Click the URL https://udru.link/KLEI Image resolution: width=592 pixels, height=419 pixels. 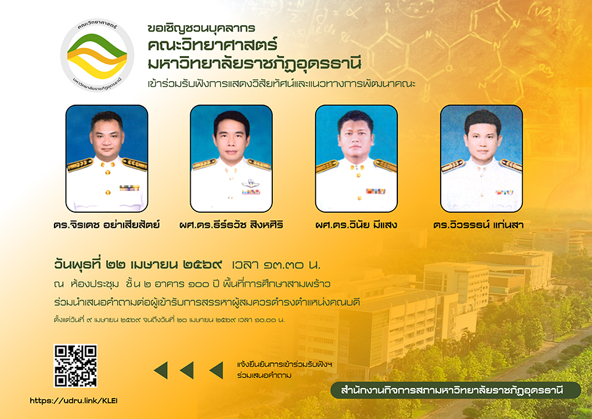[77, 400]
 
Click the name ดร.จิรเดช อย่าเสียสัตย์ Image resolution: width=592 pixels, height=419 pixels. [107, 225]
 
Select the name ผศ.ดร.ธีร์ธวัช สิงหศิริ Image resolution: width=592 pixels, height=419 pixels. [231, 225]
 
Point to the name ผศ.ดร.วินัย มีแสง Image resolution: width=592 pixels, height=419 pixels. [356, 225]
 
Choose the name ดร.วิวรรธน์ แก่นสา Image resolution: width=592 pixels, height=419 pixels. [483, 225]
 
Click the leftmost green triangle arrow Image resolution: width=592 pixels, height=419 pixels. [160, 370]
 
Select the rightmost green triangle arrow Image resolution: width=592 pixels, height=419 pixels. [216, 370]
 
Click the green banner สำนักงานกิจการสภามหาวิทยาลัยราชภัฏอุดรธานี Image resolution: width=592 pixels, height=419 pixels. [456, 390]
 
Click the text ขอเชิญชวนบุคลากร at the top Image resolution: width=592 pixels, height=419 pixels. [201, 28]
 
